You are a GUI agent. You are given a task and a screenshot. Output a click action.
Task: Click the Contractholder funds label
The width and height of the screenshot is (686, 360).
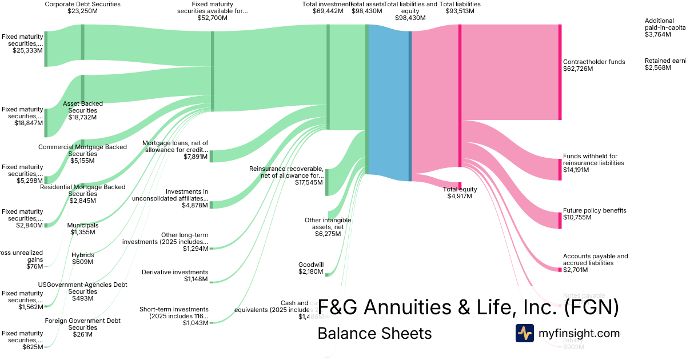pyautogui.click(x=594, y=62)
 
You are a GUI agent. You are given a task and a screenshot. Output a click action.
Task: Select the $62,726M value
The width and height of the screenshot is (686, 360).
pyautogui.click(x=578, y=69)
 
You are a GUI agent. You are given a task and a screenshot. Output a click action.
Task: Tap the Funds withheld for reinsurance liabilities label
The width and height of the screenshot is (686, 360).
pyautogui.click(x=593, y=159)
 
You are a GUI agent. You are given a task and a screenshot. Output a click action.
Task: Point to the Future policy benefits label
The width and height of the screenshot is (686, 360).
pyautogui.click(x=595, y=210)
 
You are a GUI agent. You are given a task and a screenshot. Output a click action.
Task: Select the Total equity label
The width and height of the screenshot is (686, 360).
pyautogui.click(x=460, y=189)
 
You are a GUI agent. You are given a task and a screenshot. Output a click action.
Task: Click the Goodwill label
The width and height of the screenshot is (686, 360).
pyautogui.click(x=311, y=265)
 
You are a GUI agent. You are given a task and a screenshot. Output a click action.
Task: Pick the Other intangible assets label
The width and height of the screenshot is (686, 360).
pyautogui.click(x=328, y=223)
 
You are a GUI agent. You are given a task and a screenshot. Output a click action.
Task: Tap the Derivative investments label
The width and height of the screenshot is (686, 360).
pyautogui.click(x=175, y=272)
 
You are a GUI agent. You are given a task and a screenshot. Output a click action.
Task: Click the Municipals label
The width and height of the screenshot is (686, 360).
pyautogui.click(x=83, y=225)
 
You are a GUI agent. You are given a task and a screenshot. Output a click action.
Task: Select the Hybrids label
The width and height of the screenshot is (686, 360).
pyautogui.click(x=83, y=255)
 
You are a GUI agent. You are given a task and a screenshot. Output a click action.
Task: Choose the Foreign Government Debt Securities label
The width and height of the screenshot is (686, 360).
pyautogui.click(x=83, y=324)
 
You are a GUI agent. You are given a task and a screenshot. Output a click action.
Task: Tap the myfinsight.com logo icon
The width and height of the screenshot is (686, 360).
pyautogui.click(x=525, y=333)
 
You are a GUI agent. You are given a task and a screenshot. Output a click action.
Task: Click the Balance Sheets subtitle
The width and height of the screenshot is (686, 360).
pyautogui.click(x=374, y=333)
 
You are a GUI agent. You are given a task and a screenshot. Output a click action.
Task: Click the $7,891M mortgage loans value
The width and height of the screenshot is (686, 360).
pyautogui.click(x=196, y=157)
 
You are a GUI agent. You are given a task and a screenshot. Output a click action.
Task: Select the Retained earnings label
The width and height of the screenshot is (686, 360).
pyautogui.click(x=665, y=61)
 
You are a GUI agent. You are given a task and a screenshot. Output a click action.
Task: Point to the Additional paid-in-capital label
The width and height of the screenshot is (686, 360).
pyautogui.click(x=665, y=24)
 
